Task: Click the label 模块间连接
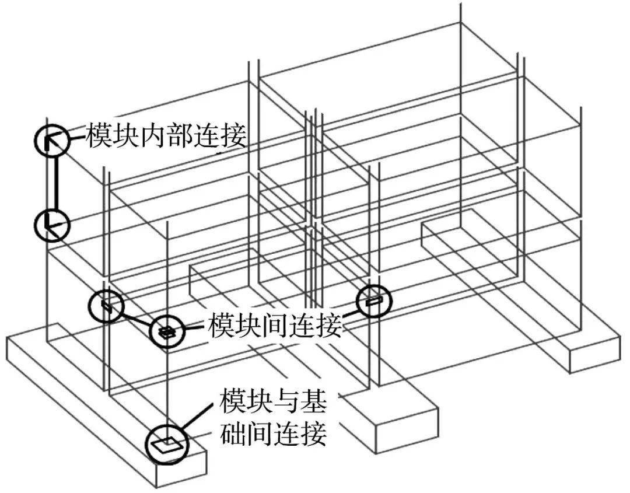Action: click(x=275, y=326)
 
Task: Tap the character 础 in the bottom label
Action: click(x=233, y=434)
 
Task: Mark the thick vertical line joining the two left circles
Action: click(x=55, y=183)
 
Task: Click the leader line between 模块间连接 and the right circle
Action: click(x=349, y=311)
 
